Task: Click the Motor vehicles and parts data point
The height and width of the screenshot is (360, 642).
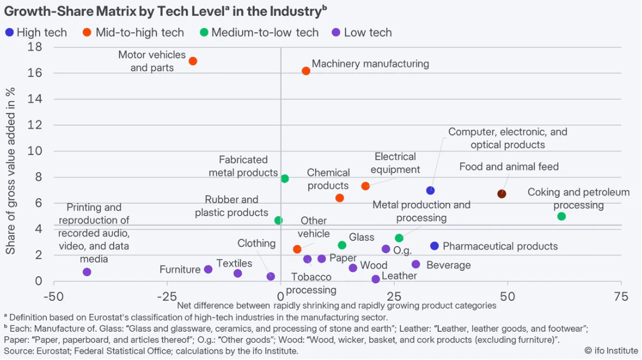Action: pos(193,61)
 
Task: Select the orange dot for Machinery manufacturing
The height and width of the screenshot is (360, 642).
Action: pos(306,71)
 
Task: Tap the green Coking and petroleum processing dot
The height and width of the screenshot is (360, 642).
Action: pos(561,216)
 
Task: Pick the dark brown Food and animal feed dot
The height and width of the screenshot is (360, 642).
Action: pos(502,194)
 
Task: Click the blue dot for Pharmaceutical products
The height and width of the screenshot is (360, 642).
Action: pos(434,246)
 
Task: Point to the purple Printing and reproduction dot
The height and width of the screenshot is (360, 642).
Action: pos(87,272)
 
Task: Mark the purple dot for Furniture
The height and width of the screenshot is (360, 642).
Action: pos(208,269)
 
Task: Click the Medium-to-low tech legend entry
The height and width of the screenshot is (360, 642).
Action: pos(259,33)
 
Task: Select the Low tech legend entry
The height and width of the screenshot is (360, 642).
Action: pos(361,33)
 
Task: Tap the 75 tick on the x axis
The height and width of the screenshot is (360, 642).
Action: pos(620,297)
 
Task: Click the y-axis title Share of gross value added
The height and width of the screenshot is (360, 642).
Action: pos(10,171)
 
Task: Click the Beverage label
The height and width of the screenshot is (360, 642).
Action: pos(448,265)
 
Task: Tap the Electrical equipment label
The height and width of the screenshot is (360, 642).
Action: pos(395,163)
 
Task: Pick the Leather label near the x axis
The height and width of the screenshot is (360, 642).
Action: pos(399,276)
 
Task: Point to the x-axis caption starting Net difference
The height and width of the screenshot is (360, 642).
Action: pos(337,305)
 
